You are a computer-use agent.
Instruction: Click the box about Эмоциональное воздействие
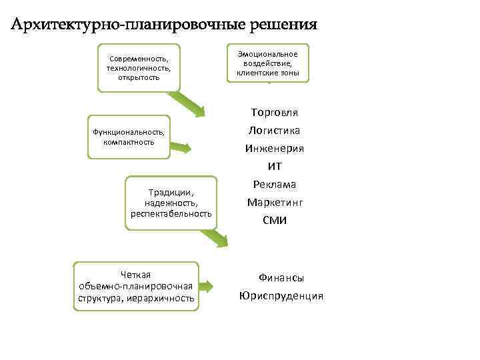click(x=267, y=63)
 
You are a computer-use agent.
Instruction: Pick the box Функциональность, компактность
click(x=128, y=137)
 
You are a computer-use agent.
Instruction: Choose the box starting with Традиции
click(x=171, y=203)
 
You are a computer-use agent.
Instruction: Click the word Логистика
click(x=274, y=130)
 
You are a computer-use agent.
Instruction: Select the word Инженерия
click(x=274, y=148)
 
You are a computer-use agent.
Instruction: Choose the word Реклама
click(x=274, y=184)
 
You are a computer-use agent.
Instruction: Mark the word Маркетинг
click(x=275, y=202)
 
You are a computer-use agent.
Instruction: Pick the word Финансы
click(x=281, y=277)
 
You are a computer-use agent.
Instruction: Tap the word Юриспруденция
click(x=281, y=295)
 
